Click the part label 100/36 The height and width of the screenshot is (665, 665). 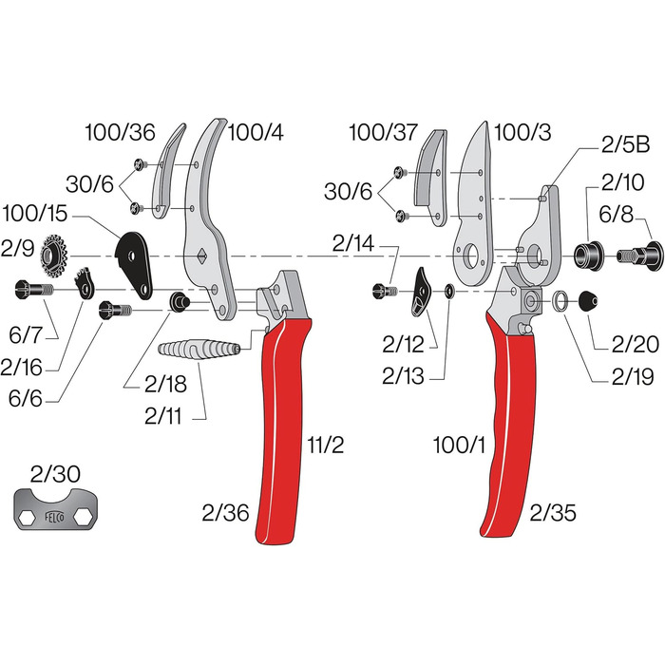point(120,132)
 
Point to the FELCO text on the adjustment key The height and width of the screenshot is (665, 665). point(55,517)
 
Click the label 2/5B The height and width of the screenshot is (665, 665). point(625,145)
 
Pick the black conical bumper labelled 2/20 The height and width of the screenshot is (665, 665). point(589,301)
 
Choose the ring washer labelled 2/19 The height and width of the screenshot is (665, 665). point(561,301)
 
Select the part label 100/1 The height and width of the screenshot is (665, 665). point(459,446)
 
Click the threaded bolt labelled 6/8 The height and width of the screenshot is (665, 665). point(640,255)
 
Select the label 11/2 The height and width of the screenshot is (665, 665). point(325,446)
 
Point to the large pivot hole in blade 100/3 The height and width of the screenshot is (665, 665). point(471,256)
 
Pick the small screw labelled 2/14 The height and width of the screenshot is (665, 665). point(385,292)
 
